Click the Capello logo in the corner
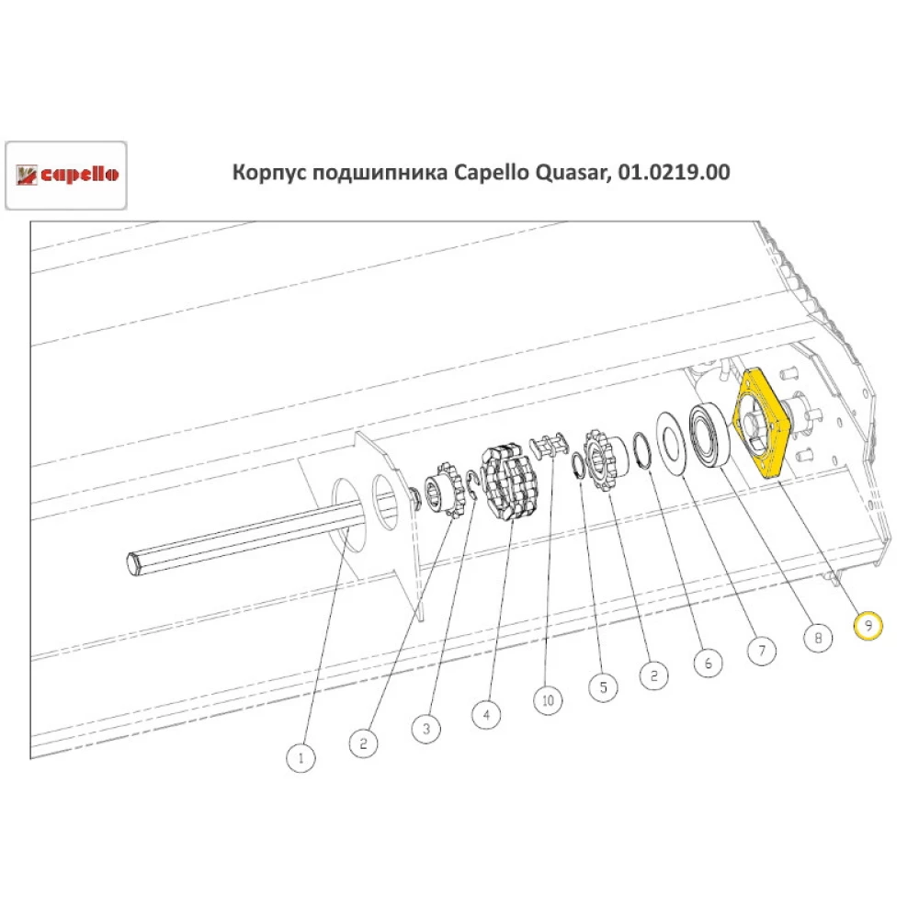pyautogui.click(x=66, y=175)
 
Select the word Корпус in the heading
pyautogui.click(x=268, y=172)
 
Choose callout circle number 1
pyautogui.click(x=301, y=758)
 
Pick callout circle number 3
pyautogui.click(x=425, y=729)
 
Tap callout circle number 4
pyautogui.click(x=487, y=712)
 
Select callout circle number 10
pyautogui.click(x=548, y=700)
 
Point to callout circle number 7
pyautogui.click(x=760, y=651)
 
